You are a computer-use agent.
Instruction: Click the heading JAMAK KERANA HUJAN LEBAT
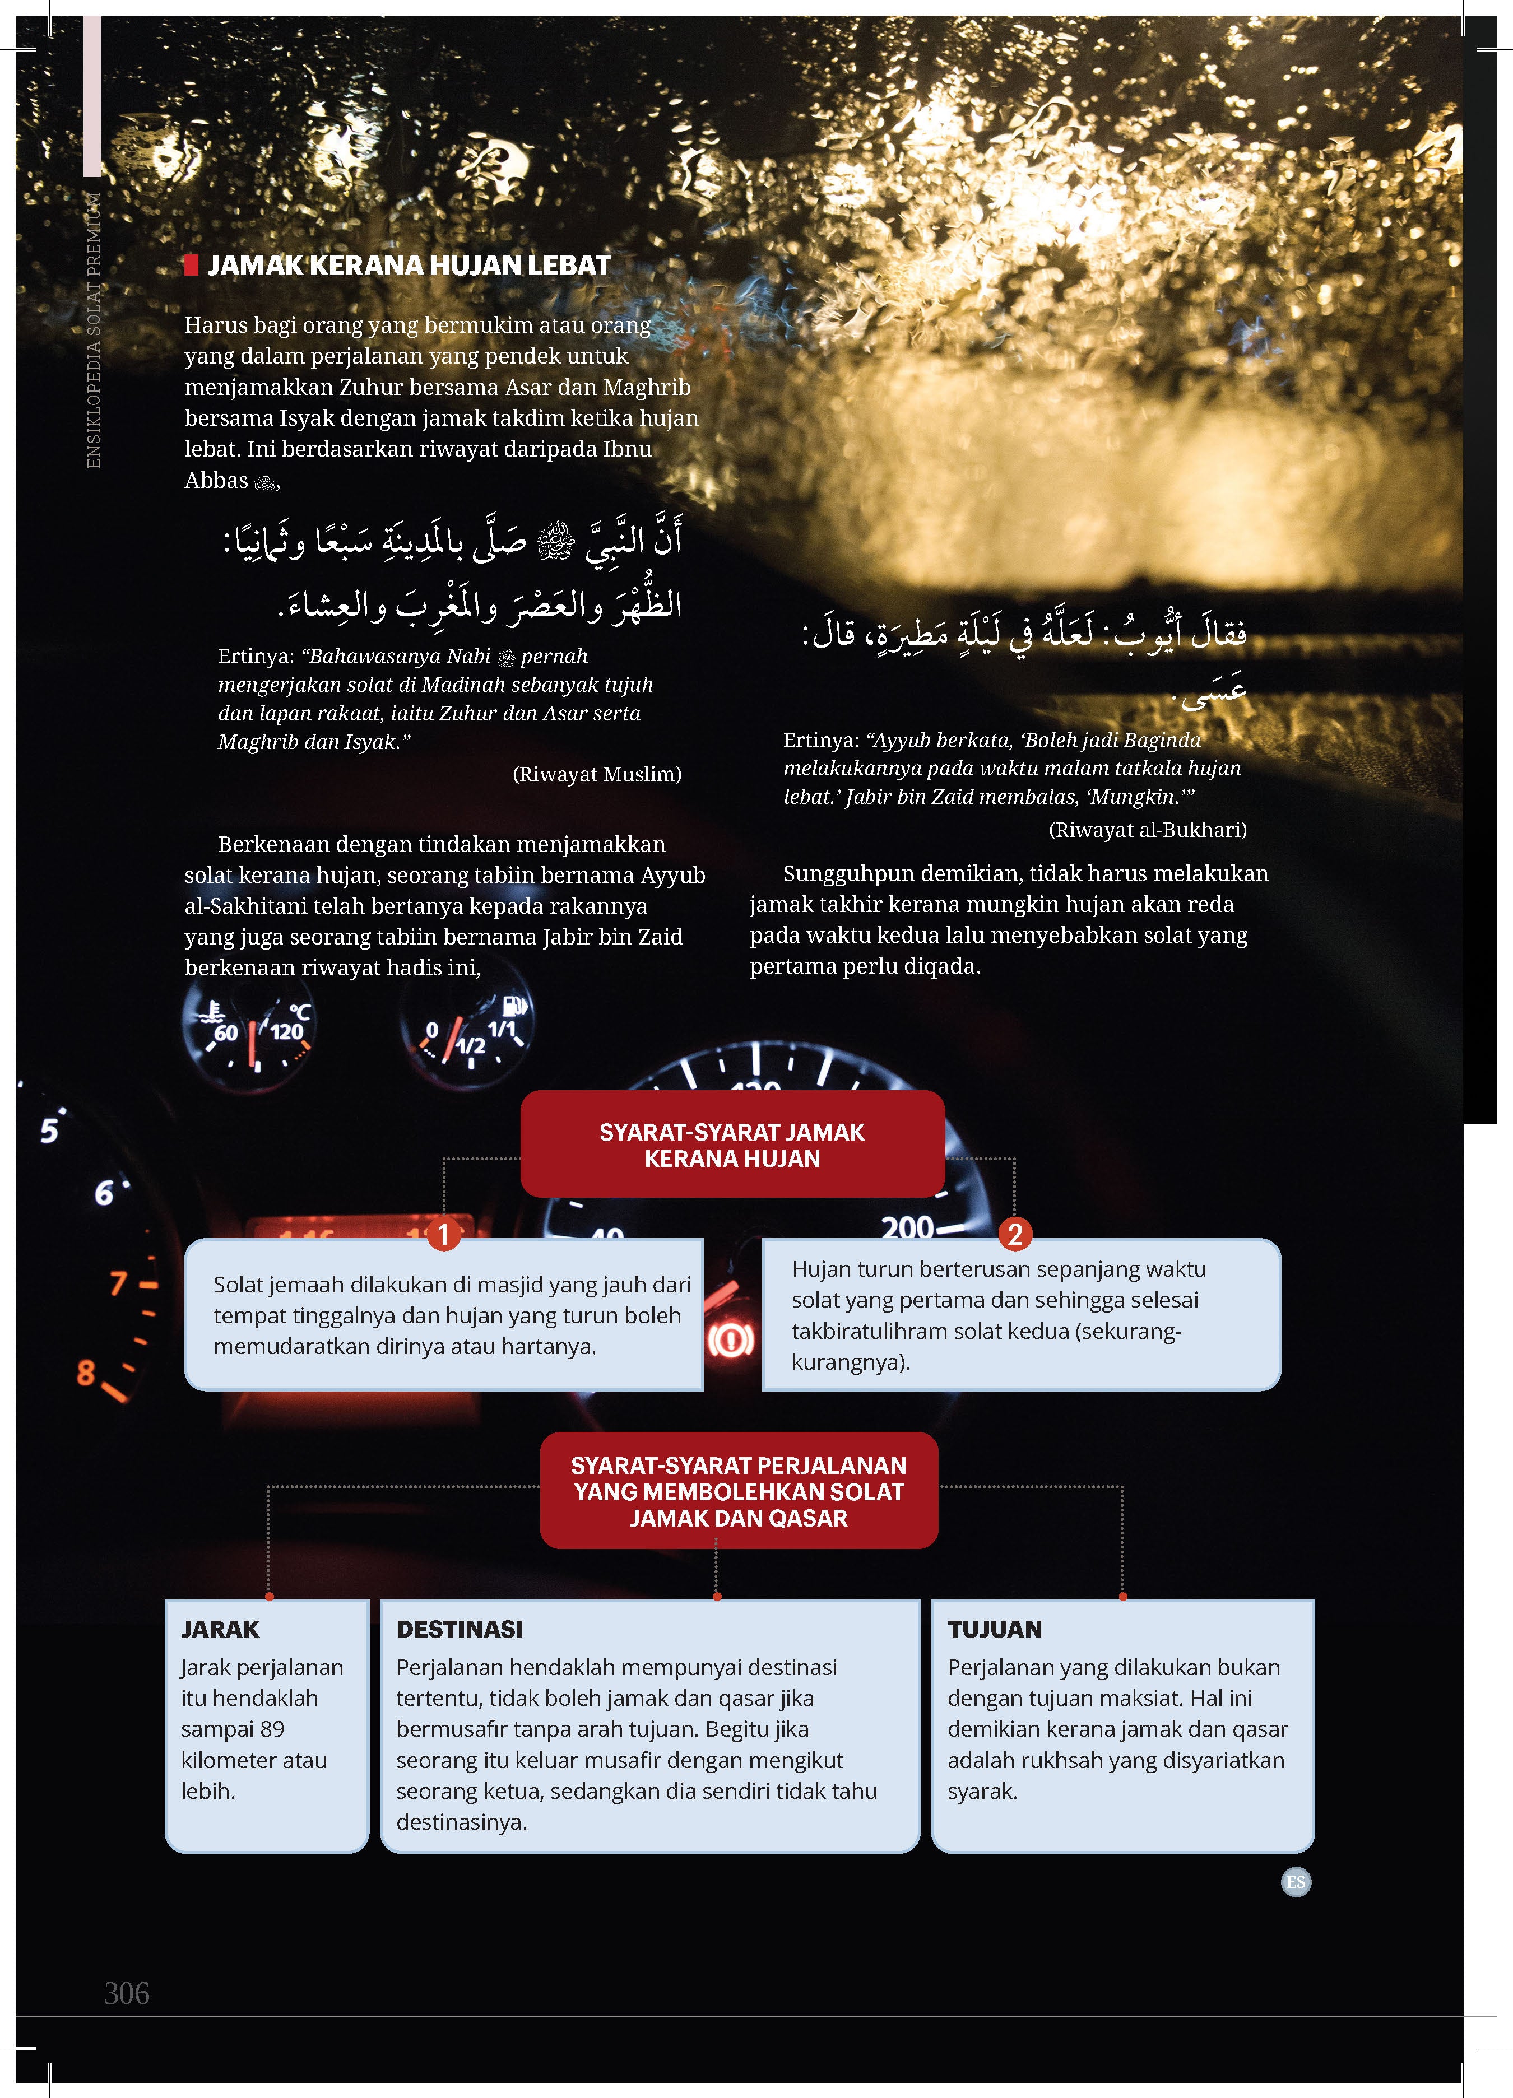408,266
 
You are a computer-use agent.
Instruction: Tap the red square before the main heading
192,266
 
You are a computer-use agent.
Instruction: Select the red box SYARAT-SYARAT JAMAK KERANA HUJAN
732,1145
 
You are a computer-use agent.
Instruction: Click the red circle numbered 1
443,1234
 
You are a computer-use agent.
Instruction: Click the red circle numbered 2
1015,1234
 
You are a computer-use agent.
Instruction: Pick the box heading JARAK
220,1629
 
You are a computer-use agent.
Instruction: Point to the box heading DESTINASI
460,1629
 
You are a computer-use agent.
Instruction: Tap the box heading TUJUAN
995,1629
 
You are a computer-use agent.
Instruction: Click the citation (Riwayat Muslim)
597,774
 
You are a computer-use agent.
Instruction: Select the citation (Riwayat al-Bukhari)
1148,830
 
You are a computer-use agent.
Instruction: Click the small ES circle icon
1296,1882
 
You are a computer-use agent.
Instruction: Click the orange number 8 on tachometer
86,1373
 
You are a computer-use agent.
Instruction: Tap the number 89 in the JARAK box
272,1729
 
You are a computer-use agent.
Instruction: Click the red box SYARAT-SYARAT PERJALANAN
739,1491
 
